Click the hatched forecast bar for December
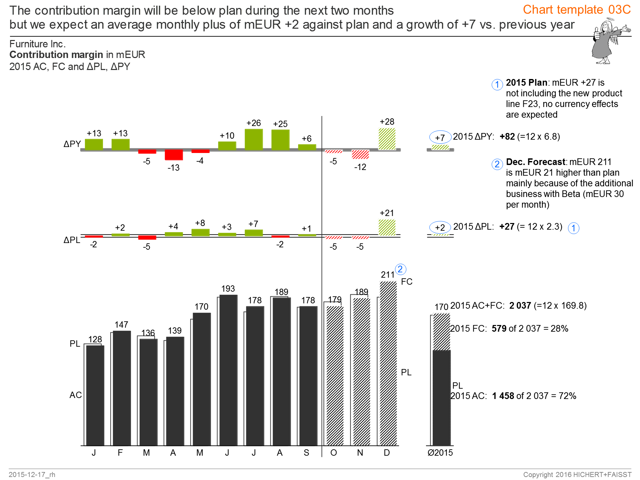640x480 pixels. [x=388, y=363]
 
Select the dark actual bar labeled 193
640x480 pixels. [x=228, y=370]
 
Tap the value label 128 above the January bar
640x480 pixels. [x=95, y=339]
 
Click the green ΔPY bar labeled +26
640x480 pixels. [x=254, y=139]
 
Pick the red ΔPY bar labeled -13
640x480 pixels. [x=174, y=155]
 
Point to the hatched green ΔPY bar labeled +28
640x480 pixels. [x=387, y=139]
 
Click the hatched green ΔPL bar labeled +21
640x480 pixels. [x=387, y=228]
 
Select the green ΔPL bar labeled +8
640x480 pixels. [x=200, y=232]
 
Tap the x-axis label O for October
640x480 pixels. [x=334, y=453]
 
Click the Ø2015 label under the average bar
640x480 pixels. [x=440, y=453]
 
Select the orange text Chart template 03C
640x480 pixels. [x=577, y=10]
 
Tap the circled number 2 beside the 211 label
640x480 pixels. [x=400, y=269]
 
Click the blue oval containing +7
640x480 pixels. [x=440, y=137]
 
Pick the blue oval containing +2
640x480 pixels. [x=440, y=227]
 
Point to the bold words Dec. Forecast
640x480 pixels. [x=535, y=162]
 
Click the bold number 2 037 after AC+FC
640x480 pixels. [x=520, y=306]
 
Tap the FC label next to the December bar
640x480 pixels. [x=407, y=282]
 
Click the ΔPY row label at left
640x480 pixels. [x=72, y=144]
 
